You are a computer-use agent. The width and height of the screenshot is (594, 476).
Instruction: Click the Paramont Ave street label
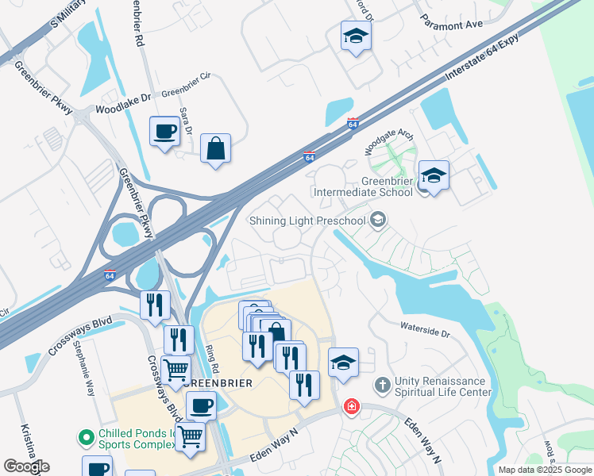(x=452, y=25)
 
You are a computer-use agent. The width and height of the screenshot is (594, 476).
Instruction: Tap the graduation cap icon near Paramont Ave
(x=356, y=36)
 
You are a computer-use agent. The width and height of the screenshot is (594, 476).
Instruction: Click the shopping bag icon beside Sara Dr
(x=215, y=148)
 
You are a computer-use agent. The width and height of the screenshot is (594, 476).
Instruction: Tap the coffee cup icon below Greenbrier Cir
(x=164, y=132)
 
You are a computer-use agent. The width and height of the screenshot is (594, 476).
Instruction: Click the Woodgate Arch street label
(x=389, y=140)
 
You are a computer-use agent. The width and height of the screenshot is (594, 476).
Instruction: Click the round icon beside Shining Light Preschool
(x=379, y=220)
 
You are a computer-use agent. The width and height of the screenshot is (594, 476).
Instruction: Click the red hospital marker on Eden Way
(x=350, y=407)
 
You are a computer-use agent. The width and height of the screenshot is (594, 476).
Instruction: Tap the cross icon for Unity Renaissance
(x=382, y=386)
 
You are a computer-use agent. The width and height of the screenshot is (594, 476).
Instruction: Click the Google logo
(x=26, y=466)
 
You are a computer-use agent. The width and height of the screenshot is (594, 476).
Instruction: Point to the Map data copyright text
(x=545, y=470)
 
